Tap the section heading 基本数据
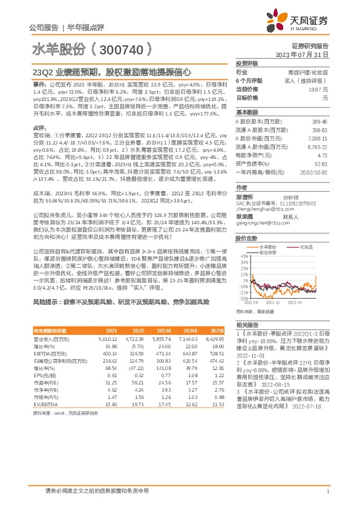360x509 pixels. [246, 112]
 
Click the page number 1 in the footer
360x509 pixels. [327, 491]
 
